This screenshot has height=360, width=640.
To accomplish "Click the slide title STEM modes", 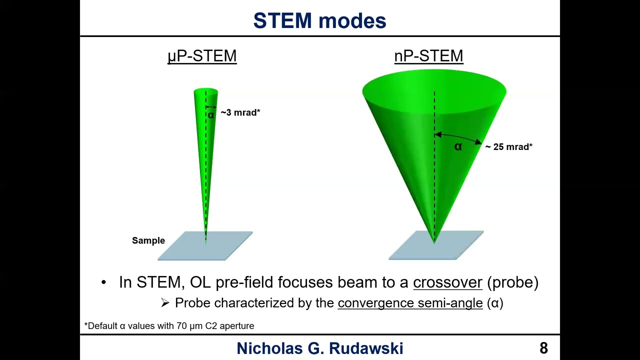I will (x=319, y=21).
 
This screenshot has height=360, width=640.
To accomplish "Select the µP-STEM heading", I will (x=202, y=55).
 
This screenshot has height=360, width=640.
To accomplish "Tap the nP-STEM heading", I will (x=428, y=55).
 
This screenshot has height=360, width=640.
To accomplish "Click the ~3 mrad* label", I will (x=240, y=112).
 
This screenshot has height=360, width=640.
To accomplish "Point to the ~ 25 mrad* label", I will (x=508, y=146).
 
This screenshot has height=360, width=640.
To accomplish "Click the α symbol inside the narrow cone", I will (x=211, y=115).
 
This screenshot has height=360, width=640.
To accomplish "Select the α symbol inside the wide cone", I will (x=458, y=146).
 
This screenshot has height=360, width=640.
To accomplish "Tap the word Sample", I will (x=148, y=240).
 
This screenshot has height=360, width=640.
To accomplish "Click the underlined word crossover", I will (x=447, y=282).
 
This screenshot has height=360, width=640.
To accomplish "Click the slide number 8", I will (x=543, y=348).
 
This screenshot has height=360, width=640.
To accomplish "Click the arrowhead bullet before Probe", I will (x=165, y=303).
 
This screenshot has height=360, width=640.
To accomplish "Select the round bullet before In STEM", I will (x=104, y=282).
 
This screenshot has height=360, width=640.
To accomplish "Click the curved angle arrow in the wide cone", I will (x=460, y=136).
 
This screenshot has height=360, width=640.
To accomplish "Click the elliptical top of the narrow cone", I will (x=205, y=91).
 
